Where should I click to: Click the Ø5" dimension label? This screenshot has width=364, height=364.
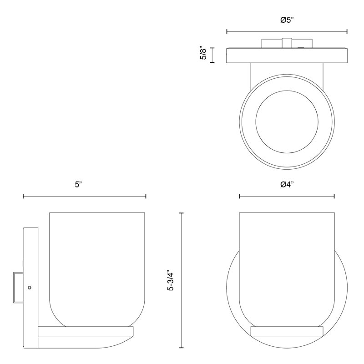point(287,20)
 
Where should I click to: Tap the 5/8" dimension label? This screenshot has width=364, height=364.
point(203,54)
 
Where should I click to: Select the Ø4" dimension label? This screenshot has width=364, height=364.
point(287,185)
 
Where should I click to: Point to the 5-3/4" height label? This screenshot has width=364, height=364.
point(171,280)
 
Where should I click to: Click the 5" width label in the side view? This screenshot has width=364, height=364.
point(78,185)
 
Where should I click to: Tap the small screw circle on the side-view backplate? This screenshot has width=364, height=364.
point(30,288)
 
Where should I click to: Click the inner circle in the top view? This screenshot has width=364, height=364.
point(287,121)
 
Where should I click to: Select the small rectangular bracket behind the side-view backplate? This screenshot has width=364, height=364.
point(18,288)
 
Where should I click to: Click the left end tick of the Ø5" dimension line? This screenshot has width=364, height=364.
point(227,31)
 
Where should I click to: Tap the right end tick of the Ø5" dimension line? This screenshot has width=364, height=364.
point(347,31)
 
